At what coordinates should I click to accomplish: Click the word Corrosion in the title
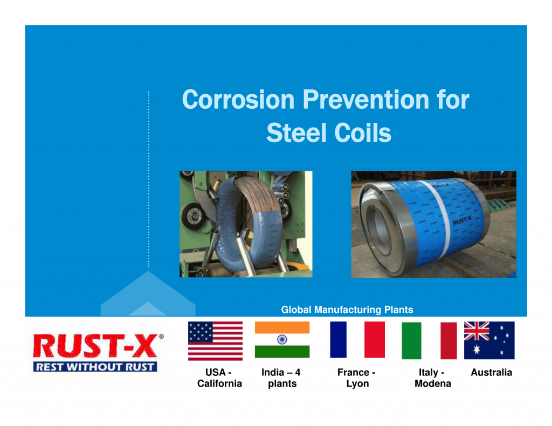tap(238, 100)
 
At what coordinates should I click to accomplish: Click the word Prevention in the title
tap(366, 100)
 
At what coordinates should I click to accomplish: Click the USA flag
tap(215, 341)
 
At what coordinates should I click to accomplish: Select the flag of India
tap(282, 339)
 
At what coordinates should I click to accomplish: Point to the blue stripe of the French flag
tap(339, 339)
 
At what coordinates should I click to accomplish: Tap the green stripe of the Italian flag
tap(411, 340)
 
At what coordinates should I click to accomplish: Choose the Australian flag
tap(489, 340)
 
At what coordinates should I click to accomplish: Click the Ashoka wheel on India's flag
tap(282, 339)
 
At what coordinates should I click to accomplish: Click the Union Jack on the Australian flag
tap(477, 331)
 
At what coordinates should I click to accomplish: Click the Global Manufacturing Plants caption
tap(347, 310)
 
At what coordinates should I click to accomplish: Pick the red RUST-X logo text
tap(95, 346)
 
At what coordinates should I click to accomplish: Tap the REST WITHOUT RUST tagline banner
tap(95, 367)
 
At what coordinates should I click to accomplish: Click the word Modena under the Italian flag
tap(433, 383)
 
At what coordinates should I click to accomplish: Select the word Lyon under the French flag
tap(357, 384)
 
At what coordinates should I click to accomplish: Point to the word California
tap(219, 383)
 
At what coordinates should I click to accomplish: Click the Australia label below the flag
tap(492, 372)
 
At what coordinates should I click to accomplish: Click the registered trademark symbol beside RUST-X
tap(161, 336)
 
